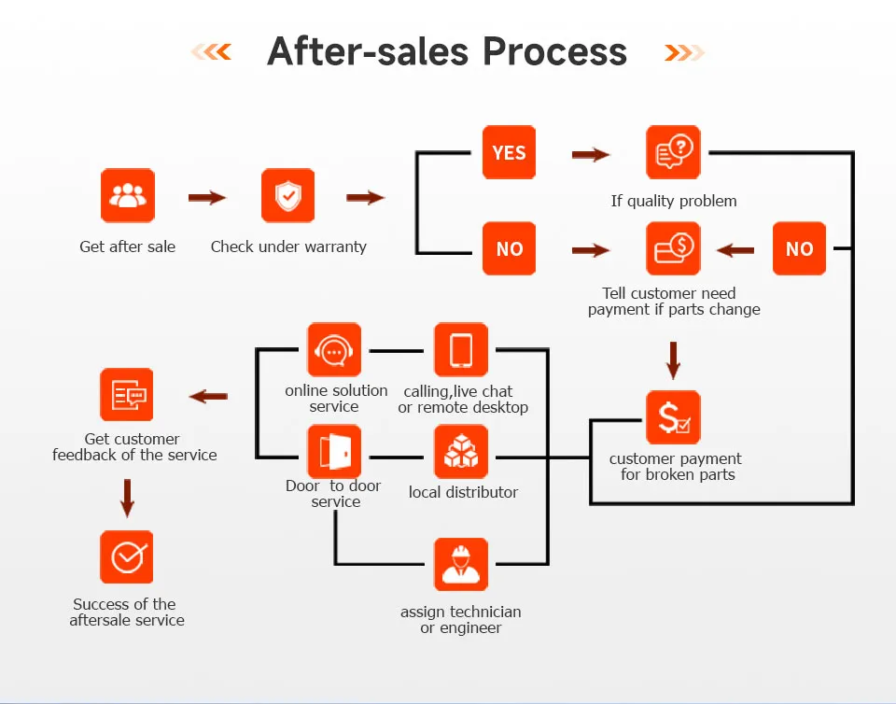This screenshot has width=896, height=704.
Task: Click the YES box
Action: pos(509,152)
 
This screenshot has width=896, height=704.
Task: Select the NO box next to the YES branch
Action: pos(509,248)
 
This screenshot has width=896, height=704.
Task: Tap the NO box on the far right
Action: pos(799,248)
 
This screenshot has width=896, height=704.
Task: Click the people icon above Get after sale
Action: pos(128,196)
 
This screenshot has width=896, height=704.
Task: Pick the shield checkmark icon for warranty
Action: pos(287,196)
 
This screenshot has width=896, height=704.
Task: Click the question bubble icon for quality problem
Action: pos(673,152)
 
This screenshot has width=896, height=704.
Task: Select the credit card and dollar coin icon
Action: pos(673,248)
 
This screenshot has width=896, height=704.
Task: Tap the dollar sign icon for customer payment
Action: pos(673,417)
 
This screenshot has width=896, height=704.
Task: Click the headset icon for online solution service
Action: pos(334,350)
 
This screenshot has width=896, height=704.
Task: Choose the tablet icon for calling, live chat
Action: pos(461,350)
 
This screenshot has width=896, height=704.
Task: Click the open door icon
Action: pos(334,453)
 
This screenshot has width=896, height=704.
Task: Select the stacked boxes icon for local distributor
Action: pos(461,453)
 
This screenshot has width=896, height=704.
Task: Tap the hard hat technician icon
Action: pos(461,565)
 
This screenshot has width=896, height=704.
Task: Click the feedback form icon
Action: pos(127,395)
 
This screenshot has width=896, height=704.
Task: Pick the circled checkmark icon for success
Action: pos(127,557)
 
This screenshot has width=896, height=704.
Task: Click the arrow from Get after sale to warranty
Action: pos(207,198)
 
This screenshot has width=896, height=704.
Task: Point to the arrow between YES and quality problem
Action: pos(590,154)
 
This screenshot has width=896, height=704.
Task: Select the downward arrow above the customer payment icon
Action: pos(673,359)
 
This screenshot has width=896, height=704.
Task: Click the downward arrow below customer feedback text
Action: pos(127,498)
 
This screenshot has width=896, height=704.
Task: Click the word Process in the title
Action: pos(557,51)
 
